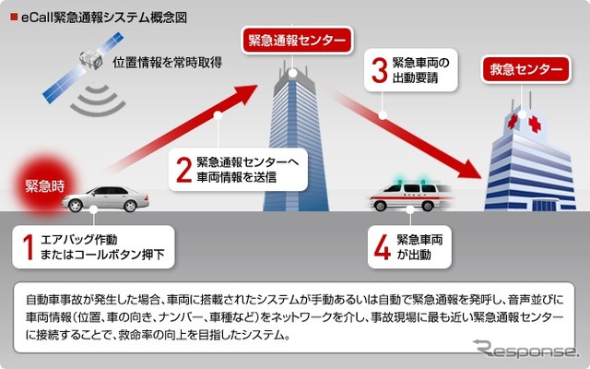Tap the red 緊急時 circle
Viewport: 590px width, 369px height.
(x=43, y=184)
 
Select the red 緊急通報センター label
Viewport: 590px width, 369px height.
(x=297, y=41)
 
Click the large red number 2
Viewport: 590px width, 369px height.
(x=183, y=170)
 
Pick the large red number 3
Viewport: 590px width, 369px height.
(x=378, y=72)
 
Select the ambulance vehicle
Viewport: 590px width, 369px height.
(x=410, y=196)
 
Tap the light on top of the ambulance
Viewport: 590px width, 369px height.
(x=401, y=181)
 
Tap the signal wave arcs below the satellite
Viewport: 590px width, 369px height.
(x=91, y=100)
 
